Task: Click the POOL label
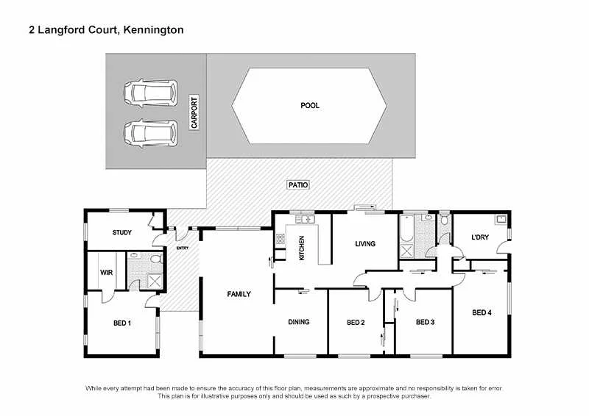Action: (x=310, y=106)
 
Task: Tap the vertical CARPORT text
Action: (x=194, y=113)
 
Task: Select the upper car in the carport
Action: (x=150, y=93)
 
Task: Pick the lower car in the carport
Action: (x=150, y=132)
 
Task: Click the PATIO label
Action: (x=297, y=185)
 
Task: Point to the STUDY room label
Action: (x=122, y=233)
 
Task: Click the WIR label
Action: (x=106, y=272)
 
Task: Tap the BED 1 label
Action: (x=122, y=323)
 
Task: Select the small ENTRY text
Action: (x=183, y=248)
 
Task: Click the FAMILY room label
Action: (x=239, y=294)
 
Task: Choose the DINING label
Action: (x=299, y=322)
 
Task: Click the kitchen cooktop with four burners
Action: (x=281, y=238)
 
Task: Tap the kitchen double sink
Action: (x=306, y=219)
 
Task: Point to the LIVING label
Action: (x=365, y=244)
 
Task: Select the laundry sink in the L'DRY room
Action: (x=500, y=219)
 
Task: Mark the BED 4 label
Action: (x=482, y=313)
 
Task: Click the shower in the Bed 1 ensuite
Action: (x=155, y=280)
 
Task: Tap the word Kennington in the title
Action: (x=153, y=30)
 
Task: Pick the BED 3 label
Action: (x=426, y=322)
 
